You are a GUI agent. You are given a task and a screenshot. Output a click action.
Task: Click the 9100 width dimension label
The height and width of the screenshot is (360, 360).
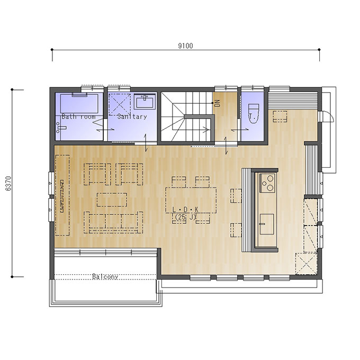[185, 46]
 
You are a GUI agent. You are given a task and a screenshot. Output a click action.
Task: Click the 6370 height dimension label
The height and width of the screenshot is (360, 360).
[8, 184]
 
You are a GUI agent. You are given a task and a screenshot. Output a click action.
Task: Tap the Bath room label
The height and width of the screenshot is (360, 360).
[78, 116]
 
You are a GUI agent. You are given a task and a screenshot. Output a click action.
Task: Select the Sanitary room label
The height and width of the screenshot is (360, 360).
[132, 116]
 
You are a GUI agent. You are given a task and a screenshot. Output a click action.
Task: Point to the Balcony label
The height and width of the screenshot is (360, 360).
[105, 276]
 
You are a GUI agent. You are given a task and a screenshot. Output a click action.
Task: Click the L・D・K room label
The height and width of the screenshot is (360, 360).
[185, 210]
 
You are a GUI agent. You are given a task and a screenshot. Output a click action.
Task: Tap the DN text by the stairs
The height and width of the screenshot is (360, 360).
[218, 103]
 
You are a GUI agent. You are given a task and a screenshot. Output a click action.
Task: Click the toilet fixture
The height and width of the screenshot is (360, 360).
[254, 113]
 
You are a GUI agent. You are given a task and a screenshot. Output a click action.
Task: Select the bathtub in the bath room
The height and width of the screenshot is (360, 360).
[79, 103]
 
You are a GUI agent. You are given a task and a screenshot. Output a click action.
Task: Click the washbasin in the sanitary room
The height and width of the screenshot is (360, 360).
[145, 101]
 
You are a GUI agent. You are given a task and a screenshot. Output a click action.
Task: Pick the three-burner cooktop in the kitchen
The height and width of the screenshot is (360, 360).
[267, 183]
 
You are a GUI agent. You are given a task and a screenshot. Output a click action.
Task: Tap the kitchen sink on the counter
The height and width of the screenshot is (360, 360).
[266, 224]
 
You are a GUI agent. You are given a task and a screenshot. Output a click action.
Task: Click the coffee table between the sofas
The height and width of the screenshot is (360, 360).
[112, 200]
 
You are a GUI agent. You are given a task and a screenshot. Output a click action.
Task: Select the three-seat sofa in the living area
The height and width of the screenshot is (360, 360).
[113, 222]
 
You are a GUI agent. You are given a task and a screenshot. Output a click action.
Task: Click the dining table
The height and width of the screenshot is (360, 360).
[191, 201]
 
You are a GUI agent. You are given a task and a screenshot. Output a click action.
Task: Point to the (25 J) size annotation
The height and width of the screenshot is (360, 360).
[185, 217]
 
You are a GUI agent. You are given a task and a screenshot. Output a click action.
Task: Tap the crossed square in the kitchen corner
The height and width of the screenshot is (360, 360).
[307, 264]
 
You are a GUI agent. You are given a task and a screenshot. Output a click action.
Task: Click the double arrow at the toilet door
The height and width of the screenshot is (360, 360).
[240, 130]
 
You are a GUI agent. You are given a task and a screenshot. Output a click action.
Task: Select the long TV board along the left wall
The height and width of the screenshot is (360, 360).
[62, 195]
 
